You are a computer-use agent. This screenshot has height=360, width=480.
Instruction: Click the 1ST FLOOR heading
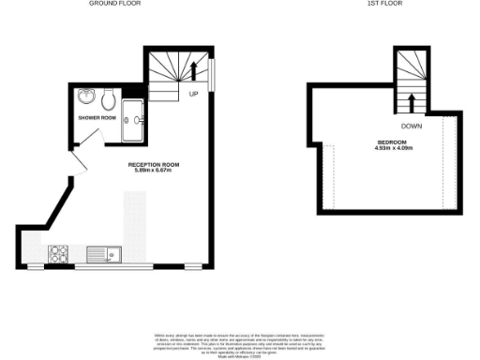[x=383, y=4]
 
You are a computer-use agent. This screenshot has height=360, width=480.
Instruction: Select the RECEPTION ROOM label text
[x=153, y=164]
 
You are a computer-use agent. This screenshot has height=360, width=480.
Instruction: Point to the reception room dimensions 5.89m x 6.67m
[x=153, y=172]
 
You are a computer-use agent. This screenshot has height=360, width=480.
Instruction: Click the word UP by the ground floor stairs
[x=193, y=95]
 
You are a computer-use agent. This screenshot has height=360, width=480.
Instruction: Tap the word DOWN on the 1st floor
[x=411, y=125]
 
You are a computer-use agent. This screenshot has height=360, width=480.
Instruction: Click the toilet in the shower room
[x=109, y=97]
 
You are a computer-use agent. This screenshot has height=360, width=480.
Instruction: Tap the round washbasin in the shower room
[x=86, y=97]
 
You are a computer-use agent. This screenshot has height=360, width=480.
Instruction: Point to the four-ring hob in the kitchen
[x=59, y=252]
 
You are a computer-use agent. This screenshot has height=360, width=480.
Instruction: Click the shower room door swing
[x=89, y=137]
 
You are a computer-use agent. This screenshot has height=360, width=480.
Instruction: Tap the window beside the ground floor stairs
[x=212, y=75]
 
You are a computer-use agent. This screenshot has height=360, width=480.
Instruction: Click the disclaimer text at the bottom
[x=239, y=344]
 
